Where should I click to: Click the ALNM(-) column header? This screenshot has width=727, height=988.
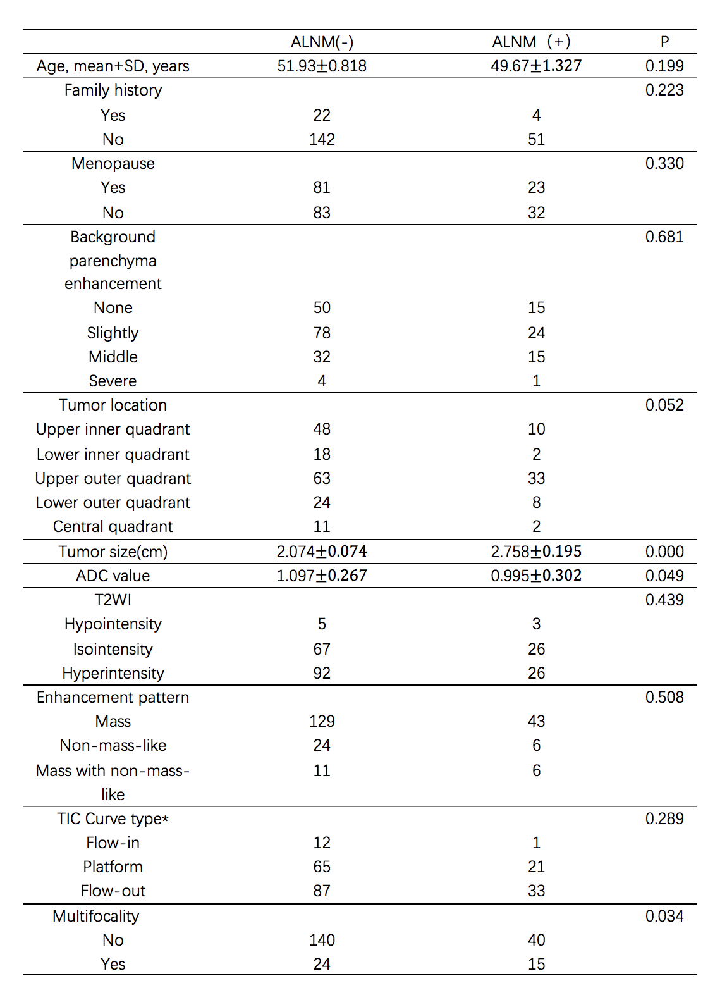[x=322, y=42]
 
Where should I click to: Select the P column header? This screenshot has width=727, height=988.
[x=664, y=42]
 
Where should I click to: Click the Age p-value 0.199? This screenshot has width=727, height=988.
[x=664, y=66]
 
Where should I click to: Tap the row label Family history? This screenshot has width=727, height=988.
[x=113, y=90]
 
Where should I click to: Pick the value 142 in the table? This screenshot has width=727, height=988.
[x=322, y=140]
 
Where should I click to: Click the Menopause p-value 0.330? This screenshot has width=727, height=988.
[x=664, y=164]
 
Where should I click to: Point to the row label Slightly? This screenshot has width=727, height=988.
[x=113, y=333]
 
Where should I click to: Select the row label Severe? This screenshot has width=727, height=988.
[x=113, y=381]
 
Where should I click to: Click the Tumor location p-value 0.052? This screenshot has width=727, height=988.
[x=664, y=405]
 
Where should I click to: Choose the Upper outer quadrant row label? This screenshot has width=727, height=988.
[x=113, y=479]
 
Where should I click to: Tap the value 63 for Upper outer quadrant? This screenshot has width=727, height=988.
[x=322, y=479]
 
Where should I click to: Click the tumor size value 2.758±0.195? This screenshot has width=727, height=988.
[x=536, y=552]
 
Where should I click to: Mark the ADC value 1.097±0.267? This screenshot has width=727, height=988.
[x=322, y=576]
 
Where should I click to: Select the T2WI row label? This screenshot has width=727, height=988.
[x=113, y=600]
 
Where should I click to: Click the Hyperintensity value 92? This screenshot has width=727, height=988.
[x=322, y=674]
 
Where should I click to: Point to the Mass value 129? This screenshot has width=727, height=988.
[x=322, y=722]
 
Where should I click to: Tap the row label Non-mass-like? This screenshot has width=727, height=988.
[x=113, y=746]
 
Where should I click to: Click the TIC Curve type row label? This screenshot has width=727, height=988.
[x=113, y=819]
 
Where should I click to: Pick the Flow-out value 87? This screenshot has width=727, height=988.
[x=322, y=891]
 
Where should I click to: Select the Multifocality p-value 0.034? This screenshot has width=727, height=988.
[x=664, y=917]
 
